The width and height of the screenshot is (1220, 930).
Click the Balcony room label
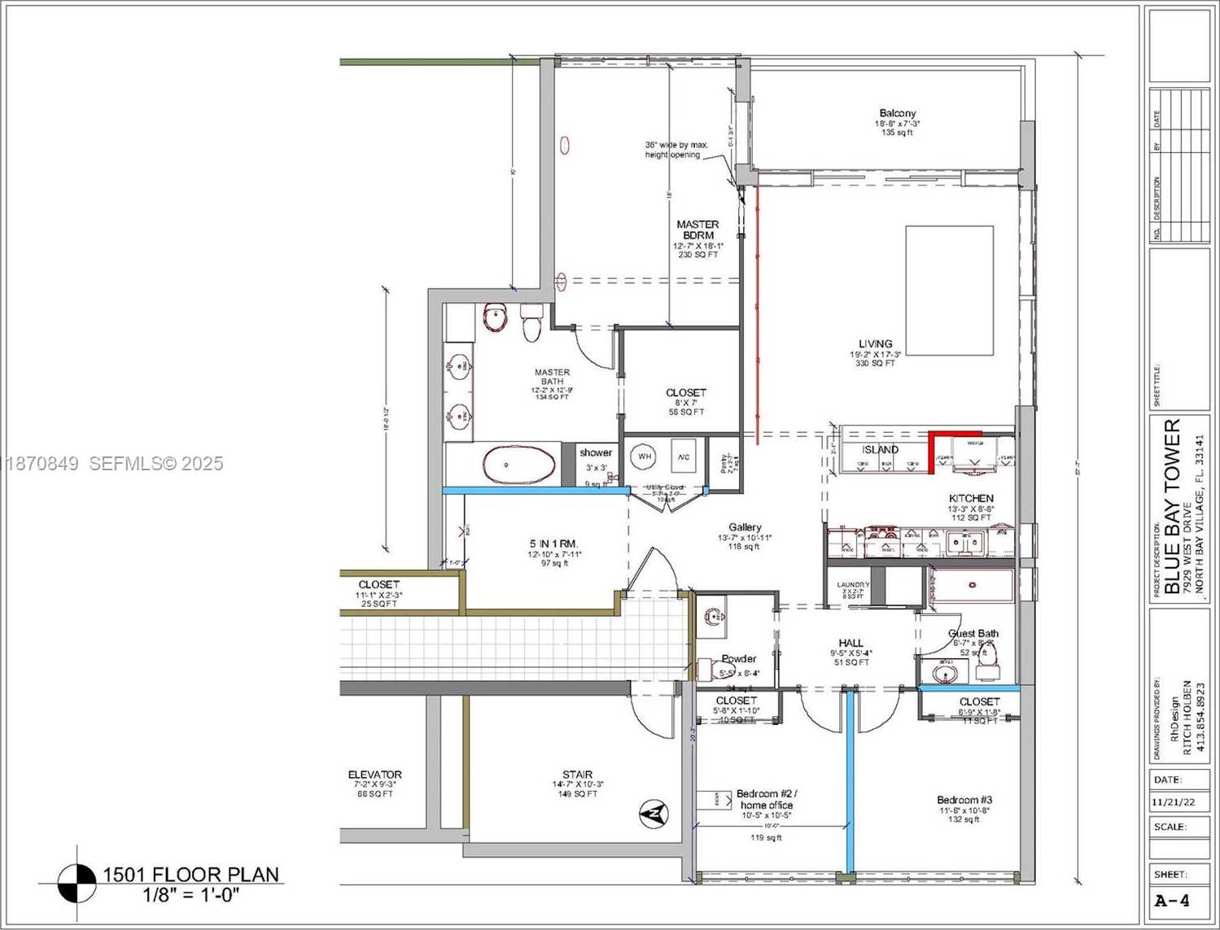(897, 113)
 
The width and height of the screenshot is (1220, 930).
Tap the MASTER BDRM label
(697, 229)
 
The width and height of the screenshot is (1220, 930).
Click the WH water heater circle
(645, 456)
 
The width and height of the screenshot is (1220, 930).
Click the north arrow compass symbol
(654, 813)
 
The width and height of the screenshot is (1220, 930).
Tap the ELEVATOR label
(374, 775)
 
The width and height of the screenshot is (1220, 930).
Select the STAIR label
(577, 775)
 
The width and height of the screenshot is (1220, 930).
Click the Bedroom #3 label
(964, 800)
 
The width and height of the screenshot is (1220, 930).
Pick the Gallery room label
(745, 527)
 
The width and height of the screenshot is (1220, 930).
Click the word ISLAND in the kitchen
(880, 449)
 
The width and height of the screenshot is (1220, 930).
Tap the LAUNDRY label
(853, 585)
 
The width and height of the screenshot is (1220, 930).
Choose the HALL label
(851, 643)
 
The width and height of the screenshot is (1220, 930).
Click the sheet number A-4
(1172, 901)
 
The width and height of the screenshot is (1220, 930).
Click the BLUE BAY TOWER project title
(1172, 508)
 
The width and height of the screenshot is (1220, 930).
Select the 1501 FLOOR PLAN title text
(190, 875)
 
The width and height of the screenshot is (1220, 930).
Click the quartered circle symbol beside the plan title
(78, 883)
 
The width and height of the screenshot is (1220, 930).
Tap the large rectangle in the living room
(949, 290)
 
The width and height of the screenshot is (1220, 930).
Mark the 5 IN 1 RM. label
(553, 544)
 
